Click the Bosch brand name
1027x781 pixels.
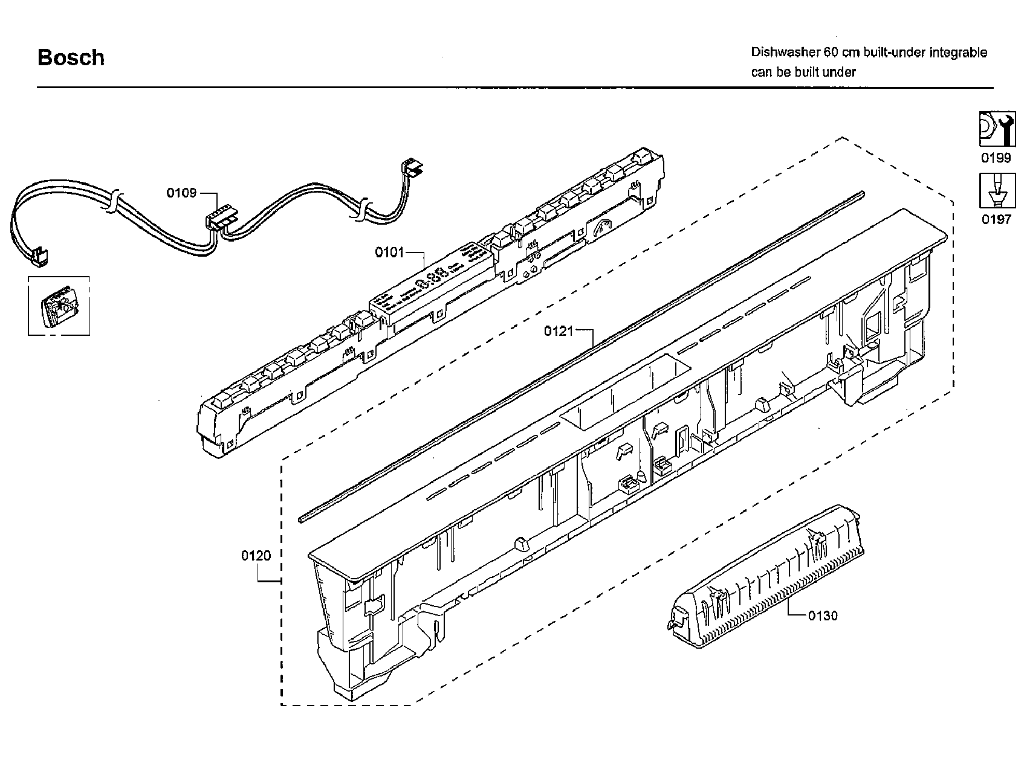coord(71,57)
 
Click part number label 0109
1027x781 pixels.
coord(181,193)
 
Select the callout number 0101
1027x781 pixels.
coord(389,252)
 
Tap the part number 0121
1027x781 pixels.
coord(558,330)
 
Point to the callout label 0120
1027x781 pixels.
coord(256,555)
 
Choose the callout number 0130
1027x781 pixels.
coord(823,615)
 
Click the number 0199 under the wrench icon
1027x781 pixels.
coord(996,158)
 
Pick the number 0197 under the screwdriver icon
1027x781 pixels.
coord(996,219)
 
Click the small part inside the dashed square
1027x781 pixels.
coord(59,306)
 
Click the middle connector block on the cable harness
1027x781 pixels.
coord(221,219)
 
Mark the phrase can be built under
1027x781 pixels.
coord(803,72)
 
